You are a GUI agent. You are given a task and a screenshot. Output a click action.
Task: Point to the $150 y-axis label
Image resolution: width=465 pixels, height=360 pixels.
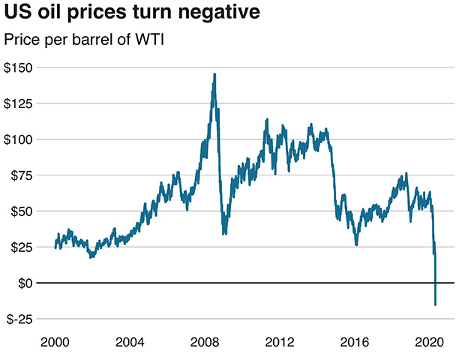tap(19, 68)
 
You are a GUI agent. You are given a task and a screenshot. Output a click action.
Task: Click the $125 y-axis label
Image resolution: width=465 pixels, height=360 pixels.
tap(19, 104)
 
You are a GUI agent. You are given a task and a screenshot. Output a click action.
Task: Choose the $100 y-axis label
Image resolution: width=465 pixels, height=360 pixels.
tap(19, 140)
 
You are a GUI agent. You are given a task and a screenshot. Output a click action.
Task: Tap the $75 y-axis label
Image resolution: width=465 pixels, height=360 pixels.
tap(22, 176)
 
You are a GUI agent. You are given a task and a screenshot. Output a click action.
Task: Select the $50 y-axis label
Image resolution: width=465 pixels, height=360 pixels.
tap(22, 212)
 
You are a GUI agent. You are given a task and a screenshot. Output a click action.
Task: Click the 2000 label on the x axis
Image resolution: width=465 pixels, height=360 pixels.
tap(55, 342)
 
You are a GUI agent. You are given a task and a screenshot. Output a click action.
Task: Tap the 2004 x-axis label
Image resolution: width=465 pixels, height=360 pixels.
tap(131, 342)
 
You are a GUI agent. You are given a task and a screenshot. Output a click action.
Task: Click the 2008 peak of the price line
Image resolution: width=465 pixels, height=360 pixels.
tap(214, 74)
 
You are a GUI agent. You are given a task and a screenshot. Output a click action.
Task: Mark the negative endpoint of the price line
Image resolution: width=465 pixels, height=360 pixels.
tap(436, 304)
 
